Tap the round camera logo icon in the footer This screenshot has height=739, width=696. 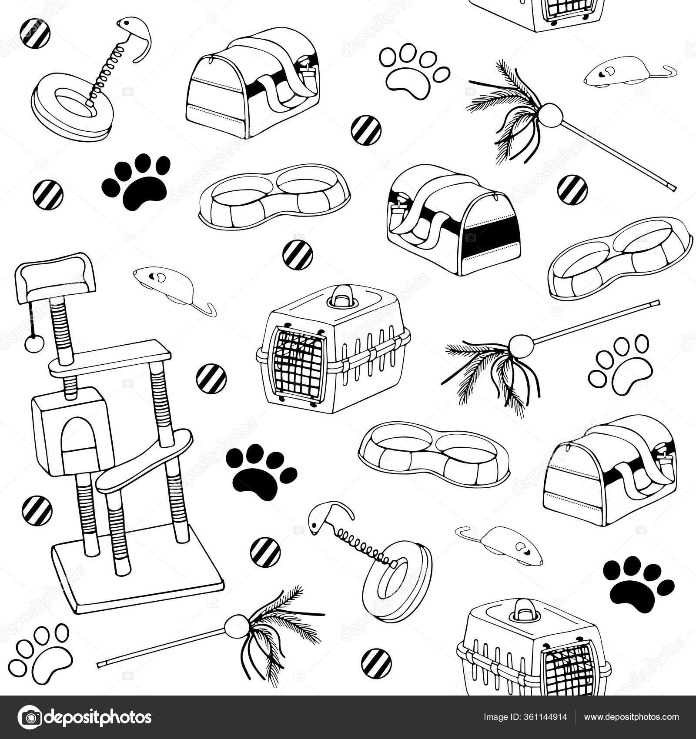tap(30, 717)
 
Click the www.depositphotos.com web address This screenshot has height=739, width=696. tap(631, 717)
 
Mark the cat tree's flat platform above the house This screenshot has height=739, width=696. tap(109, 358)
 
